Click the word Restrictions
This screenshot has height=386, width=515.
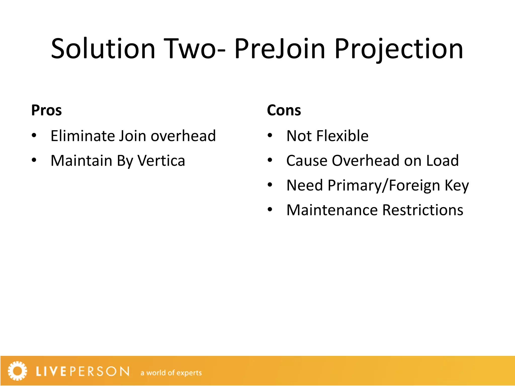[x=423, y=210]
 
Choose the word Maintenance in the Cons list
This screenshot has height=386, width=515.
[x=332, y=210]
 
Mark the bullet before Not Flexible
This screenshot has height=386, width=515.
[x=270, y=136]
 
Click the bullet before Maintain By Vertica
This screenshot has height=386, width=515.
[x=34, y=160]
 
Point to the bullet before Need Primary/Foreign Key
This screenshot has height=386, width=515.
[x=270, y=185]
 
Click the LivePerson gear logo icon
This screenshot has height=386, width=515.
[x=17, y=371]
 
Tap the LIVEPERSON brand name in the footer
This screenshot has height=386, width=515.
[x=83, y=371]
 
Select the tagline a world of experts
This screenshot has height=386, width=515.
[x=171, y=373]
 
